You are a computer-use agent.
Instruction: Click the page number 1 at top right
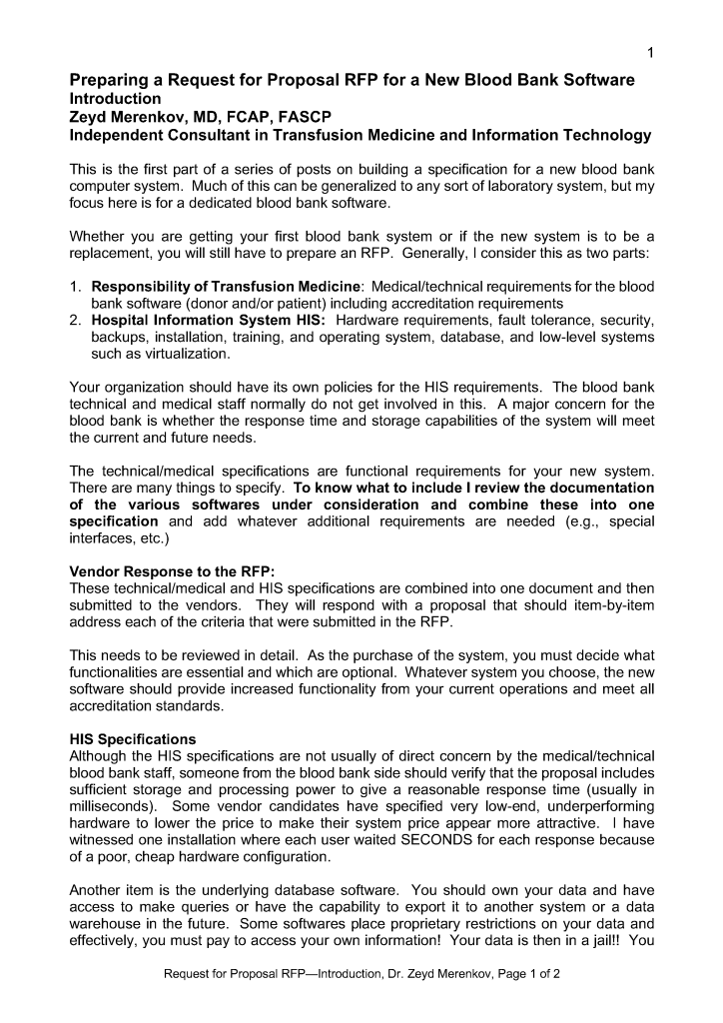pyautogui.click(x=650, y=53)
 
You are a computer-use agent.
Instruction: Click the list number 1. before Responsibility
pyautogui.click(x=76, y=287)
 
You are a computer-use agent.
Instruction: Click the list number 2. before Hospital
pyautogui.click(x=76, y=320)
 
